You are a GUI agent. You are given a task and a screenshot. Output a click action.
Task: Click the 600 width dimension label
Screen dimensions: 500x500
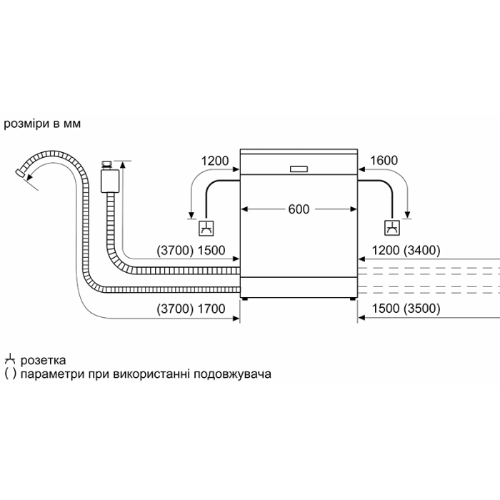pos(299,209)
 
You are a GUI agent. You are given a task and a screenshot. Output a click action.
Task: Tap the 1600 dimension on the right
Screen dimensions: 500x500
pos(384,161)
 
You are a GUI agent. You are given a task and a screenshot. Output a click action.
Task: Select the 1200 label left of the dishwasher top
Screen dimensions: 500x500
pos(214,161)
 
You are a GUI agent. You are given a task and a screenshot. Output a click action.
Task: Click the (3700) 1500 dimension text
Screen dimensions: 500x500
pos(191,250)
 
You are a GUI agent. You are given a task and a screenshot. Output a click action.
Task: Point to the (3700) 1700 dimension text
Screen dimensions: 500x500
pos(191,309)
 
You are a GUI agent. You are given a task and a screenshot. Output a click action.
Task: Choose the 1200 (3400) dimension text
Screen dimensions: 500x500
pos(406,250)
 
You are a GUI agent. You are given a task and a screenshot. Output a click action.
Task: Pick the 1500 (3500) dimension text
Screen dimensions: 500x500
pos(406,309)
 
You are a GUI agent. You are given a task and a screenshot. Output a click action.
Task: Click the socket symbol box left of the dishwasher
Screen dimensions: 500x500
pos(206,229)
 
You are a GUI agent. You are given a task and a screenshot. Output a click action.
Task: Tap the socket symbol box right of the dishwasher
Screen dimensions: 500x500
pos(392,228)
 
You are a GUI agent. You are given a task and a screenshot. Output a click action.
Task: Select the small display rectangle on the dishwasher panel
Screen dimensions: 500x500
pos(299,169)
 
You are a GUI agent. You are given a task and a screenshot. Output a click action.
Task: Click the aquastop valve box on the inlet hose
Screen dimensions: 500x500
pos(110,181)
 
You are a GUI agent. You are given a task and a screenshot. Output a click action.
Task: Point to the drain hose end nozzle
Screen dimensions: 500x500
pos(20,174)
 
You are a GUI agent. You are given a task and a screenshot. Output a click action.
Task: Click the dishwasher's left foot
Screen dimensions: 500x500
pos(244,299)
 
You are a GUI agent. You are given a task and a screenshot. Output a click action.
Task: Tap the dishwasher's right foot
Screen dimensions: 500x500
pos(352,299)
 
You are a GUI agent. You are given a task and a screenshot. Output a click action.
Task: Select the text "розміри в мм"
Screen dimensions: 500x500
pos(42,124)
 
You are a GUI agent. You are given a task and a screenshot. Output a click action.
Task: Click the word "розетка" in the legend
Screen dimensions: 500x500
pos(43,361)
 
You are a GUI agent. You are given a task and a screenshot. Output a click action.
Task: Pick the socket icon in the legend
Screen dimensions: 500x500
pos(10,359)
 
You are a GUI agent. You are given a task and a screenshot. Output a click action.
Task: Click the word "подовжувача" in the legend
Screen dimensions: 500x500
pos(232,374)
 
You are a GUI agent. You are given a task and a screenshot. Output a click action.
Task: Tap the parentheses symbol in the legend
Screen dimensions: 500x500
pos(10,374)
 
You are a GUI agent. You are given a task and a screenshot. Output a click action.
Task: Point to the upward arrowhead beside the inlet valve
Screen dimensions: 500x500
pos(123,165)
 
